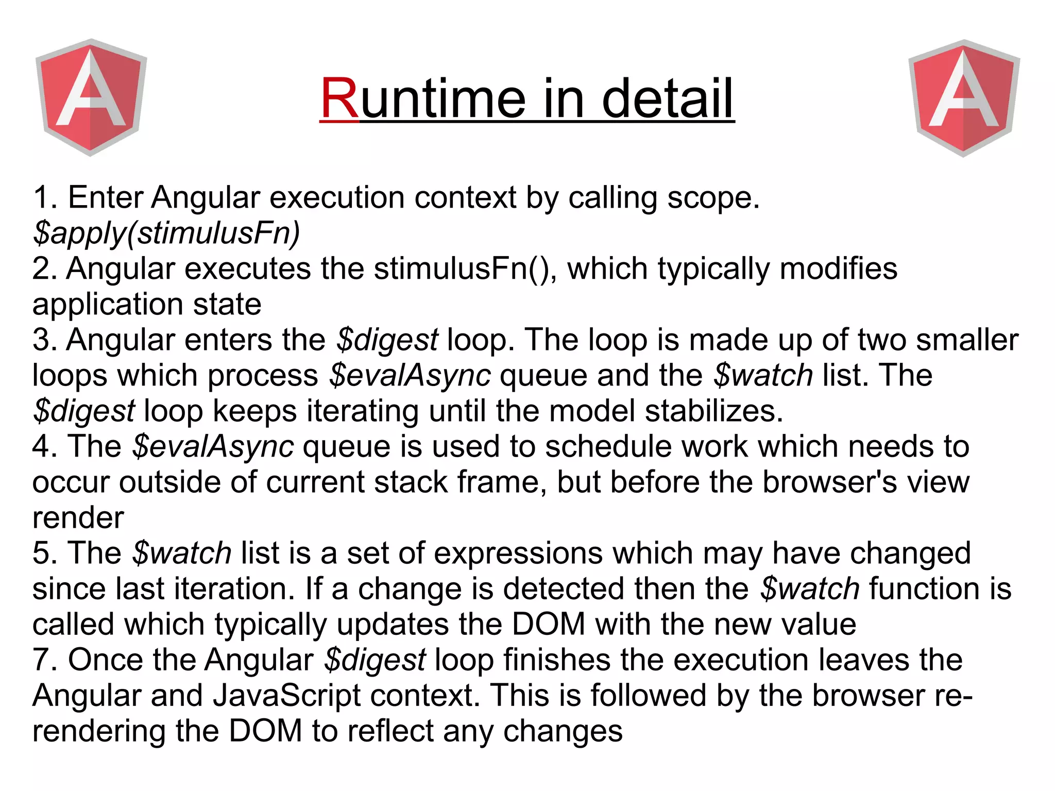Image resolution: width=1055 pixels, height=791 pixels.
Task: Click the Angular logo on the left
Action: (x=91, y=97)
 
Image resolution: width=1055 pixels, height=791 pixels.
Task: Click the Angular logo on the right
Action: (x=963, y=98)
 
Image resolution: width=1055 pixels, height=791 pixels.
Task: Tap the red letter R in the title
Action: (x=339, y=98)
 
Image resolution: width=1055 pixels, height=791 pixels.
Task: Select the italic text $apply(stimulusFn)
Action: (x=166, y=233)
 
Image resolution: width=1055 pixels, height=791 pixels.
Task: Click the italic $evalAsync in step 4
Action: (x=213, y=447)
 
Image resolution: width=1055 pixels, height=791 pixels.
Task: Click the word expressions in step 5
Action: (x=519, y=554)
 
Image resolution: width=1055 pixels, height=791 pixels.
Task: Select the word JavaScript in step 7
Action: (x=286, y=696)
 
